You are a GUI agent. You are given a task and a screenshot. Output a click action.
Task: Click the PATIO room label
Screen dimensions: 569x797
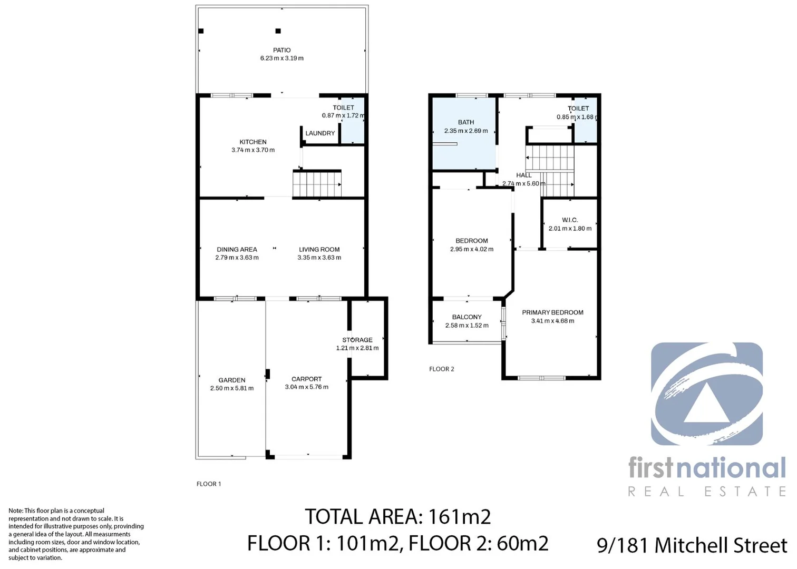click(x=282, y=50)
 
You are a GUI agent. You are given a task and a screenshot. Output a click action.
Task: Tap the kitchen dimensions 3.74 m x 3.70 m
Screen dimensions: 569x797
click(x=253, y=150)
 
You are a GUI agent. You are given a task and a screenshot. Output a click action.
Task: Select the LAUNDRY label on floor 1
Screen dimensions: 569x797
click(x=320, y=133)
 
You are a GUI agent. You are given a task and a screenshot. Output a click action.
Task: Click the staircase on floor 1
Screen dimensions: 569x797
click(x=317, y=183)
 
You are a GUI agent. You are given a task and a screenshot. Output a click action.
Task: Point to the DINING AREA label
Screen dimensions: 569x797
click(x=237, y=250)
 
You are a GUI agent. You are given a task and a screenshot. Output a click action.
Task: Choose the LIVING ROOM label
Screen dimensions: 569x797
click(x=319, y=250)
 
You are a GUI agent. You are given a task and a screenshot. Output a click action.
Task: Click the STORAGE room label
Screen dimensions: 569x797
click(x=357, y=340)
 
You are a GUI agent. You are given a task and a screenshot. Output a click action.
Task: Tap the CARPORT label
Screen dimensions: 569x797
click(x=306, y=379)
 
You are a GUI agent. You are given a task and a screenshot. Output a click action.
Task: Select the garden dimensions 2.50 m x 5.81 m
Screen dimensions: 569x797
click(x=232, y=388)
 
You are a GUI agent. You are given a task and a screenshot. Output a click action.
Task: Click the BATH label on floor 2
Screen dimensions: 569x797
click(x=466, y=122)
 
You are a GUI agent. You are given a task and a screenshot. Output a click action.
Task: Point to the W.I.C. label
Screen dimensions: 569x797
click(x=570, y=220)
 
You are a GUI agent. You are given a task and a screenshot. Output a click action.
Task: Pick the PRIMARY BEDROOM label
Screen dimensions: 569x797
click(x=552, y=312)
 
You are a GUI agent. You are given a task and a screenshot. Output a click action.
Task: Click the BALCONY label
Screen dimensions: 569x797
click(x=466, y=317)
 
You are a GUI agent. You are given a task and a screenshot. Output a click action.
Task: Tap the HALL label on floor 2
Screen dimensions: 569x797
click(x=524, y=175)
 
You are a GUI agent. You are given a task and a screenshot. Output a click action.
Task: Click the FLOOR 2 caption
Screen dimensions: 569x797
click(x=441, y=369)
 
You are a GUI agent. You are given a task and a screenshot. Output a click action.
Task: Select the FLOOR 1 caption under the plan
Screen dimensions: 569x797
click(x=209, y=484)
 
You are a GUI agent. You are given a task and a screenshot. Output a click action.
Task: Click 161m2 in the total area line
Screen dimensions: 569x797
click(x=460, y=517)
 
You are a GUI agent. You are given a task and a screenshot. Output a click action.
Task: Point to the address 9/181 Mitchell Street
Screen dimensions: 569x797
click(x=692, y=545)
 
